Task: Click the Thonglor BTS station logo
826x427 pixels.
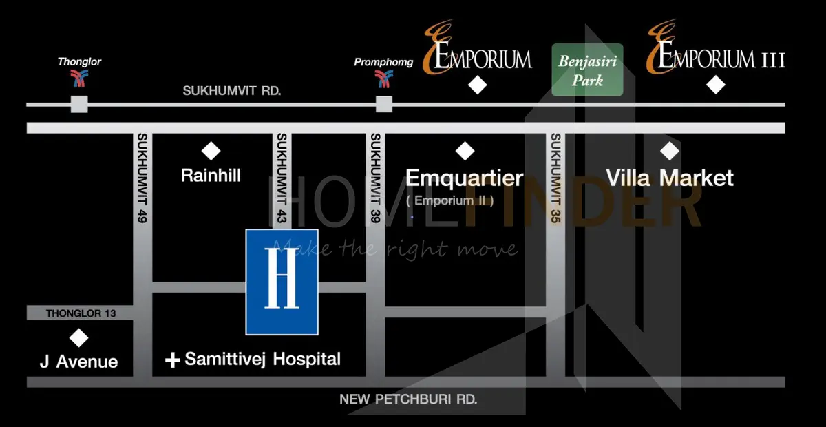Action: pos(79,79)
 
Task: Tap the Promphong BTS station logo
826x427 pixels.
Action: pos(384,79)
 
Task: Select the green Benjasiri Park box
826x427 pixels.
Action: pos(587,70)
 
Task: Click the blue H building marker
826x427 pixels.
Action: pos(282,282)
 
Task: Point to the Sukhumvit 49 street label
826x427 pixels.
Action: pos(142,178)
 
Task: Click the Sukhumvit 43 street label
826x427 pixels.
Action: pos(282,178)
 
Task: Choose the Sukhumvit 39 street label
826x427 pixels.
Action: pos(375,178)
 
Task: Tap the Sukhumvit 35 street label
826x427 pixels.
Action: pos(555,178)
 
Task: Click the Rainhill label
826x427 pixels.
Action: pos(211,176)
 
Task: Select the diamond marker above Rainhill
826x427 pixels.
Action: pos(211,151)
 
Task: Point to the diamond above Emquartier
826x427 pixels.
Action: pos(465,151)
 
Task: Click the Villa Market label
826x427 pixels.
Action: pos(670,178)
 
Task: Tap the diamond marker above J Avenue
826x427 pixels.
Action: pos(79,338)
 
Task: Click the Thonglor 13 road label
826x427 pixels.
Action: pos(81,313)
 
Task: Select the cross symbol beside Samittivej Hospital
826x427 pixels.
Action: pos(173,360)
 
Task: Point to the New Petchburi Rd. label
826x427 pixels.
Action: pos(408,399)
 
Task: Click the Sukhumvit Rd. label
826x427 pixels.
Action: pos(232,91)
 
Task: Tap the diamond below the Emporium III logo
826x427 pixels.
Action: pos(716,85)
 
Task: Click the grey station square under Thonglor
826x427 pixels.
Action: pos(79,104)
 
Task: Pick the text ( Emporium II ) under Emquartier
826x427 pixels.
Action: pos(450,201)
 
